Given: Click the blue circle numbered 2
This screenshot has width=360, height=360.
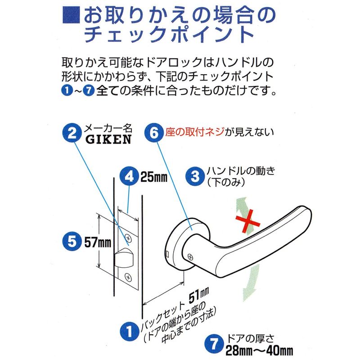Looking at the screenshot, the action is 72,133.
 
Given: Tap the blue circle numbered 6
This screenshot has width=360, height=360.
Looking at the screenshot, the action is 154,133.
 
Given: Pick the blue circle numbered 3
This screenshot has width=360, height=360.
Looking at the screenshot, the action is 195,176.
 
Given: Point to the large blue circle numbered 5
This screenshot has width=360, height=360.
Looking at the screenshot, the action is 72,242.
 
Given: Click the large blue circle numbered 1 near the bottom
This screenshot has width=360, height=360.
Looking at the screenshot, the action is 130,332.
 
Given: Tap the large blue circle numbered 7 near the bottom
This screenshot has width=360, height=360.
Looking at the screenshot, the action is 214,344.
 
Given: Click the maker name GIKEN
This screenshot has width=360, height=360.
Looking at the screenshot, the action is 108,139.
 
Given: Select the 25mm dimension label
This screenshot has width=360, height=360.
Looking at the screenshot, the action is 154,177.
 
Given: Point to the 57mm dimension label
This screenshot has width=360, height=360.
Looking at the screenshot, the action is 98,242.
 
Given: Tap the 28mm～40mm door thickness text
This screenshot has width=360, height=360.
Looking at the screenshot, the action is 260,351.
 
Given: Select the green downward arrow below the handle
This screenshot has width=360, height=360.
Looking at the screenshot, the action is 251,283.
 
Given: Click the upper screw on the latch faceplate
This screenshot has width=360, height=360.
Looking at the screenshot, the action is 128,238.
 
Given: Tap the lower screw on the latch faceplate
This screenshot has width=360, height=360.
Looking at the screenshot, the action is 128,278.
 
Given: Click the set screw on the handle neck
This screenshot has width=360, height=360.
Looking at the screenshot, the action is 190,256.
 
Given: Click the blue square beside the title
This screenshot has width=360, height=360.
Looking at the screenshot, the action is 71,15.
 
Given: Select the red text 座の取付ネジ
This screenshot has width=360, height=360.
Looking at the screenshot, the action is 195,132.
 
